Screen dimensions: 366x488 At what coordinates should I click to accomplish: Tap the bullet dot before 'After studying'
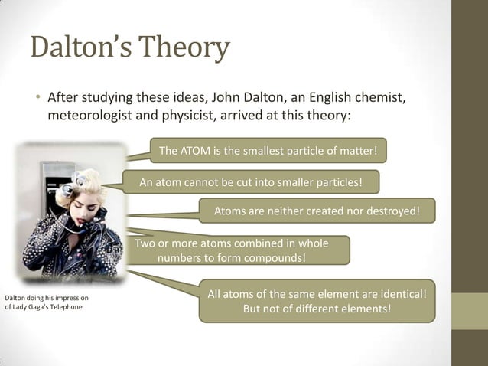(x=36, y=100)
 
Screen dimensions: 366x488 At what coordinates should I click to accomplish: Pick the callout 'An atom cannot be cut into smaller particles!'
(x=250, y=182)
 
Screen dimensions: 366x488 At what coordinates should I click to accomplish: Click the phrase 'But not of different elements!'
(x=317, y=309)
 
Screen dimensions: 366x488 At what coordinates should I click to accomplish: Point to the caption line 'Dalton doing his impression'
(x=47, y=297)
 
